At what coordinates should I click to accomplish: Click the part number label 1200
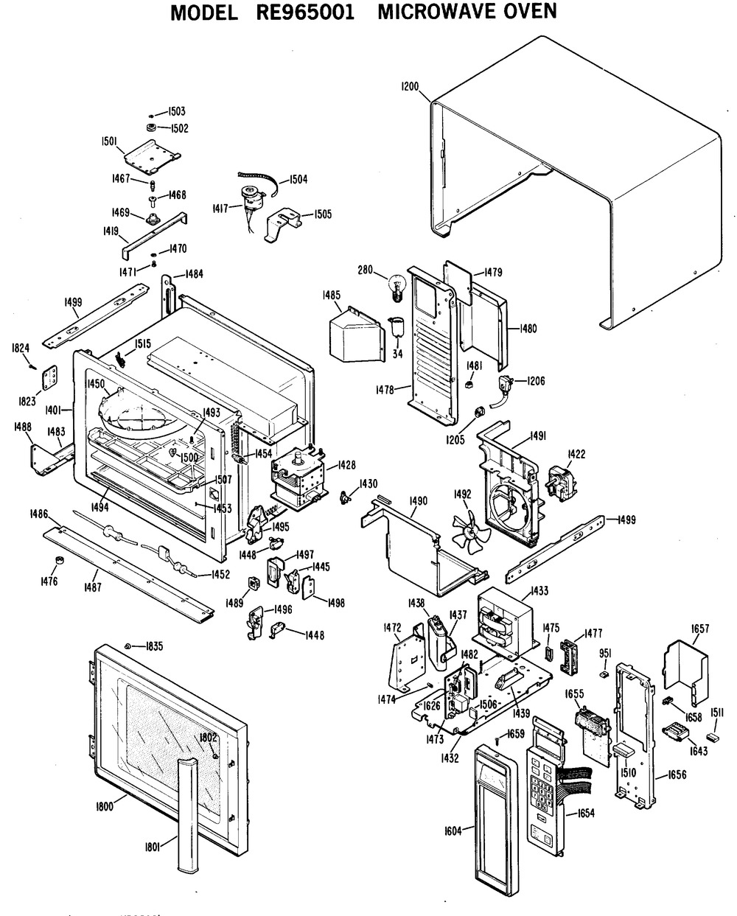click(x=410, y=87)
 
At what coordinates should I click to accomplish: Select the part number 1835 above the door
click(x=153, y=646)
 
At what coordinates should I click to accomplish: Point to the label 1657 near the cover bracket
click(x=700, y=628)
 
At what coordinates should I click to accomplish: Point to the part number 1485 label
click(x=331, y=295)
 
